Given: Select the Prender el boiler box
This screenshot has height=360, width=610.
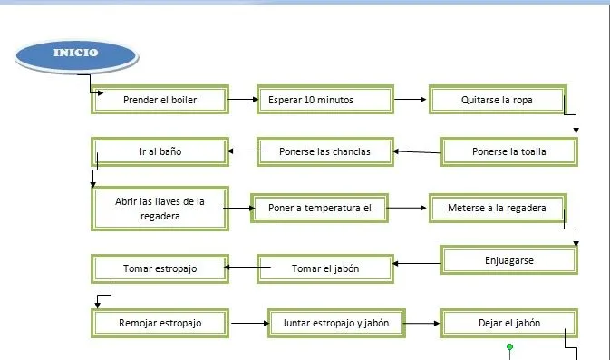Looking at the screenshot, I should coord(160,100).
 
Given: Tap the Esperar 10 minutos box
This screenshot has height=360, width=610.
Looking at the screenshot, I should coord(324,100).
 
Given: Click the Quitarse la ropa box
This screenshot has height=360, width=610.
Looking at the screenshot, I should coord(497,100).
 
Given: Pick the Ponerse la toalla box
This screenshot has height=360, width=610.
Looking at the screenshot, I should coord(509,151).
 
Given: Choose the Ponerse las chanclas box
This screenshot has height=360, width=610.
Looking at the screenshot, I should coord(324,151).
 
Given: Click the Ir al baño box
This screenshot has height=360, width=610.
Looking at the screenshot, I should coord(160,151).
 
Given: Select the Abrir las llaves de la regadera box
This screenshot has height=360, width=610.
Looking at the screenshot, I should coord(160,209).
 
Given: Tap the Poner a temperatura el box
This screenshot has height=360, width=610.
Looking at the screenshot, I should coord(320,208).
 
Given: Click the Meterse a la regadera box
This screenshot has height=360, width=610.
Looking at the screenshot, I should coord(497,208).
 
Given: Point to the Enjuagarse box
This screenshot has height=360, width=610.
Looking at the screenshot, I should coord(508,260).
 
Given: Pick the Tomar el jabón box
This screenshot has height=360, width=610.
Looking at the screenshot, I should coord(324,268).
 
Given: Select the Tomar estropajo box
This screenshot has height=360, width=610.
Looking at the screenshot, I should coord(160,268).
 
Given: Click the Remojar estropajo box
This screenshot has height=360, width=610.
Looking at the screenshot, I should coord(160,322).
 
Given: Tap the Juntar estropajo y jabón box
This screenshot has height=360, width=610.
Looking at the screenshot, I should coord(335,322).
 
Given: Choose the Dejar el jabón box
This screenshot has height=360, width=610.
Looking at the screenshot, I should coord(508,322).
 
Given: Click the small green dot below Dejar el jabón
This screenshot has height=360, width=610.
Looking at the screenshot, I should coord(510,346).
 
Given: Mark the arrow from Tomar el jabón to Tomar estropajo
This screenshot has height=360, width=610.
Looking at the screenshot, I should coord(240,268).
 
